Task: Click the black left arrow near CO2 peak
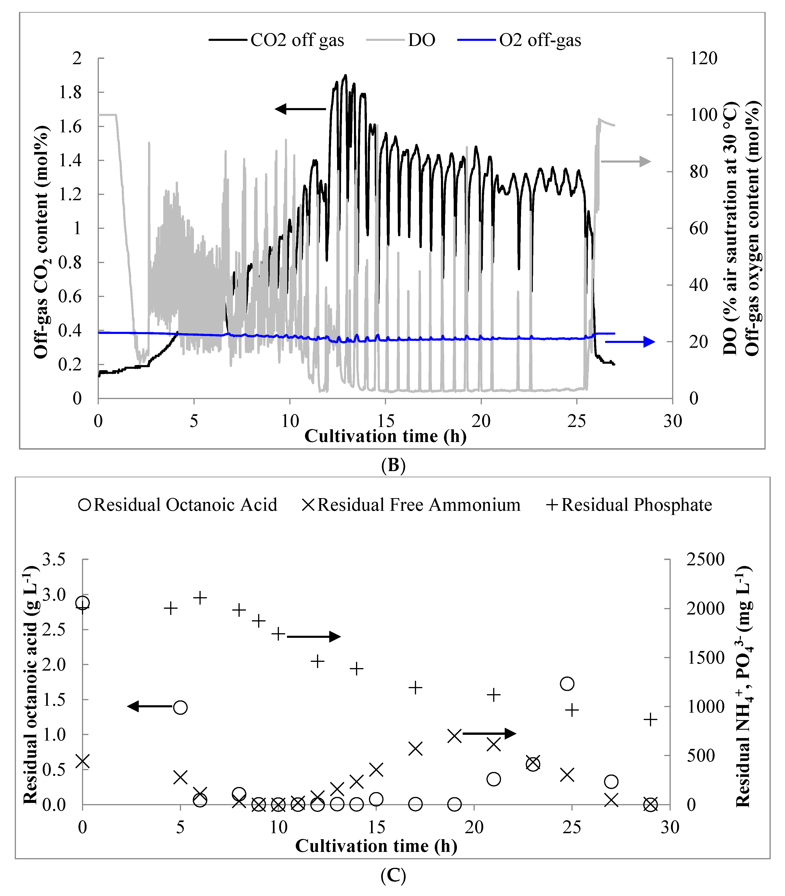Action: click(x=301, y=109)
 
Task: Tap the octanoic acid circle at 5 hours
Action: click(x=180, y=708)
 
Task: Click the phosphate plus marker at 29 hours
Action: click(x=651, y=720)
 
